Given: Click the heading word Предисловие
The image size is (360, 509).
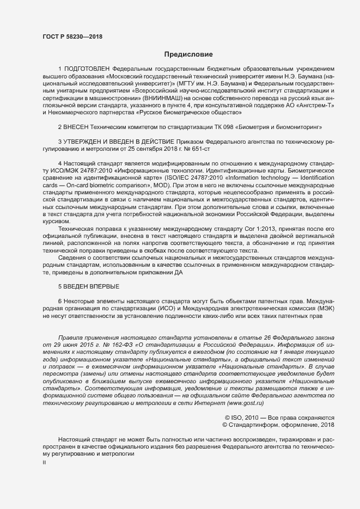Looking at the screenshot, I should pos(188,54).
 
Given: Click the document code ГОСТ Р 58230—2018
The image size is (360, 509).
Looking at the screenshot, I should pos(72,36).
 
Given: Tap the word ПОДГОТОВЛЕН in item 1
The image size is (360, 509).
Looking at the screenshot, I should pos(87,69).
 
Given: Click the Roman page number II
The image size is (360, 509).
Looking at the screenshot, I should pos(44,462).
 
